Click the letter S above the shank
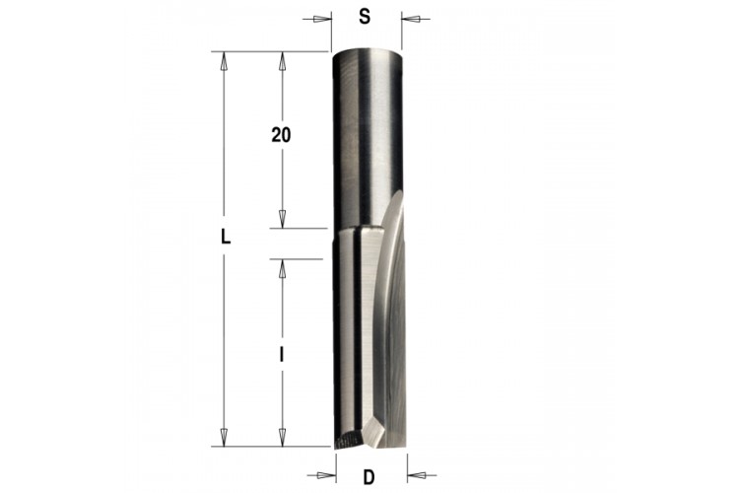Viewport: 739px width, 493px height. (365, 17)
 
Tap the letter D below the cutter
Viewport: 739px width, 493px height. (369, 477)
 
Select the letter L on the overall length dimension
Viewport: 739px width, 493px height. (227, 237)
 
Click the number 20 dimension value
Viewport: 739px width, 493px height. (281, 135)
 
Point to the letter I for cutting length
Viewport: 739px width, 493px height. (282, 354)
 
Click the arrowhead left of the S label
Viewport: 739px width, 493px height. (322, 20)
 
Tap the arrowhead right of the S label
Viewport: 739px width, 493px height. (411, 20)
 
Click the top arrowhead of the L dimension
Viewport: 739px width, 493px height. (225, 61)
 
